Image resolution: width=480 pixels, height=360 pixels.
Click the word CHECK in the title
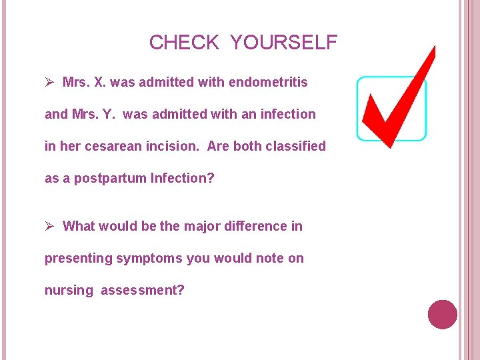183,43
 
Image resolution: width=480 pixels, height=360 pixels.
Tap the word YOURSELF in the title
284,43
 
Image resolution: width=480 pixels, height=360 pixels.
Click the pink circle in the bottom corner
442,314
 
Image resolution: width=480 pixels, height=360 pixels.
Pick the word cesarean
109,146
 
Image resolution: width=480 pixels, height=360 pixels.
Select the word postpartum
111,178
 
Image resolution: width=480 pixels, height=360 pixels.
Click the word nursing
69,290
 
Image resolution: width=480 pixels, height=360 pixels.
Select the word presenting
78,258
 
